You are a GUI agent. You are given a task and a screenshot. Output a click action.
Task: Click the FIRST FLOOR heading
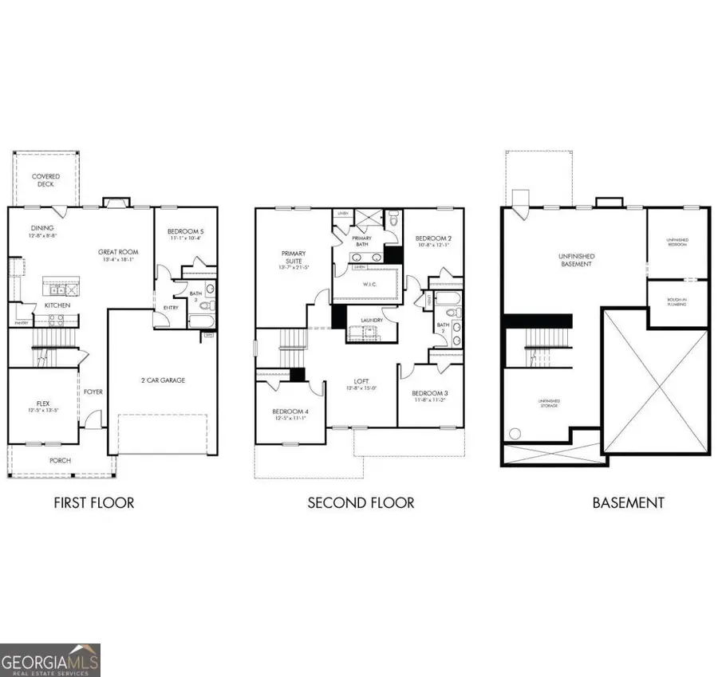[93, 502]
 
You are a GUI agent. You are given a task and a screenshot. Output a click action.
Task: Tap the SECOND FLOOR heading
[361, 502]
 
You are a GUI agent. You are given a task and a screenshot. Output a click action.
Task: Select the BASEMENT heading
[628, 502]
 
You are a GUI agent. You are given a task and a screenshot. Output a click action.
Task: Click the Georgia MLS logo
[50, 659]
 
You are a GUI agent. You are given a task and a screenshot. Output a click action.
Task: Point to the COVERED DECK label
[45, 180]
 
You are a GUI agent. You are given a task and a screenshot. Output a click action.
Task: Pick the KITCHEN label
[57, 305]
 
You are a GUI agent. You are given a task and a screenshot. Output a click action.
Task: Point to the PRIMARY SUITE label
[293, 258]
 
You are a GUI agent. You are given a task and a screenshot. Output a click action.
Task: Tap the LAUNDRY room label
[372, 321]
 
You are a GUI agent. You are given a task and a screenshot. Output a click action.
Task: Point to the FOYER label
[93, 392]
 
